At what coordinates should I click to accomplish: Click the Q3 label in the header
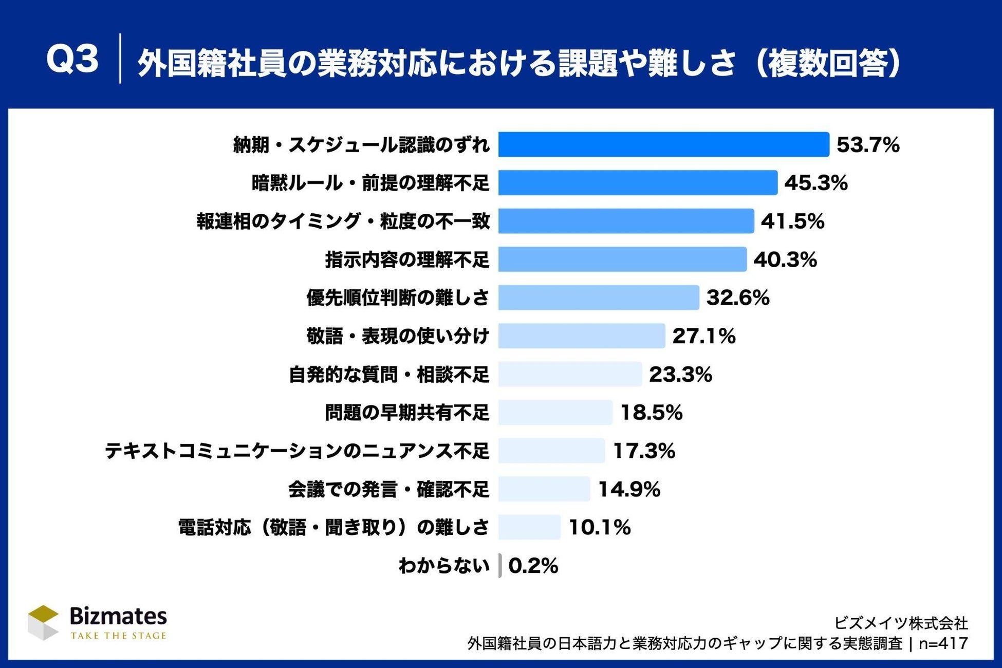click(72, 59)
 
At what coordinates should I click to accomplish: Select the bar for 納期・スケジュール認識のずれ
click(663, 144)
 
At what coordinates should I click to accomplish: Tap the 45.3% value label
click(815, 183)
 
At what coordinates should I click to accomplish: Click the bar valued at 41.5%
click(626, 221)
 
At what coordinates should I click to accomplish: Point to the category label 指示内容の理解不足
click(407, 259)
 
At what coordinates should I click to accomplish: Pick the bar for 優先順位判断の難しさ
click(599, 298)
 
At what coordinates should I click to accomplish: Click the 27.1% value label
click(704, 336)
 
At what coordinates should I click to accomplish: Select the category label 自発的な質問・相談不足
click(389, 374)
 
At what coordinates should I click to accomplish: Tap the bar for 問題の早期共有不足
click(555, 412)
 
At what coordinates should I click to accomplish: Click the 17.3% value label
click(644, 451)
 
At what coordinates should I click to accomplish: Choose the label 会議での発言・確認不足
click(389, 489)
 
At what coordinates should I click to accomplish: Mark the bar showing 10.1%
click(529, 527)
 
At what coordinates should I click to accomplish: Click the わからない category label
click(444, 566)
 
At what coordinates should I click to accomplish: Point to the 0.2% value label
click(533, 566)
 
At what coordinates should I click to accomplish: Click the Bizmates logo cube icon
click(43, 623)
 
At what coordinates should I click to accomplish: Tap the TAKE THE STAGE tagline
click(119, 636)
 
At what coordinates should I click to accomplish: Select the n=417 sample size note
click(943, 643)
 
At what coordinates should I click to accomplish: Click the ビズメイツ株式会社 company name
click(901, 623)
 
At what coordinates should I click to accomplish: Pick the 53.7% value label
click(868, 145)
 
